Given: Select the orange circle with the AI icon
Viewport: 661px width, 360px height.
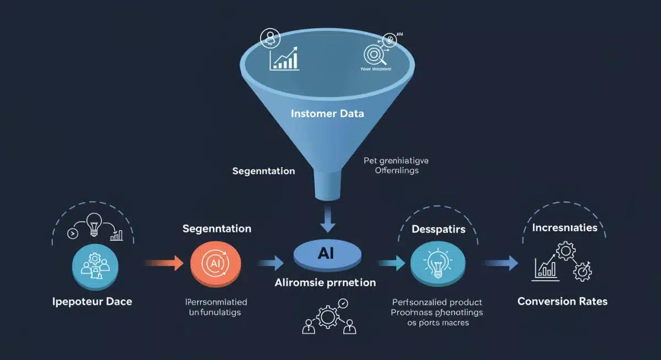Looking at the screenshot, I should point(215,263).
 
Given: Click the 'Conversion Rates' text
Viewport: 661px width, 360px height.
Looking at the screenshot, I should point(562,301).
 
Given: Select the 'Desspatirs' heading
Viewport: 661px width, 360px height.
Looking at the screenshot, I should point(439,228).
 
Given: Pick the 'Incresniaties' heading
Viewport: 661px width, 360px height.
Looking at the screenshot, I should point(565,227).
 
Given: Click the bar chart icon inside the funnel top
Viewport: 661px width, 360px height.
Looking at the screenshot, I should point(284,58).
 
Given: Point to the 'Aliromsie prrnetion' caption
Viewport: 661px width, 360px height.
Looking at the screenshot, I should point(325,282).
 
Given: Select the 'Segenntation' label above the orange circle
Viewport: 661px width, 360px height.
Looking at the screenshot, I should point(217,228).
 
